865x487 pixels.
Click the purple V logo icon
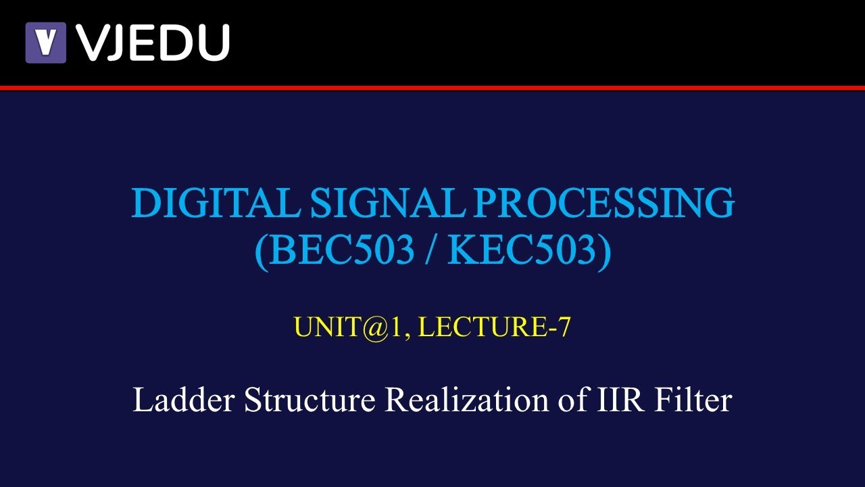[45, 42]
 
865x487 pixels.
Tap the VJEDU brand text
[153, 42]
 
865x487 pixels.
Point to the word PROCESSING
[597, 203]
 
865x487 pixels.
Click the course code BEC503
[341, 251]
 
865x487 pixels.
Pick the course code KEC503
[520, 251]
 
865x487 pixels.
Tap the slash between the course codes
[431, 251]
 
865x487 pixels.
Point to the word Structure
[310, 400]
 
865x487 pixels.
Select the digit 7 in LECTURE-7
[565, 327]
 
